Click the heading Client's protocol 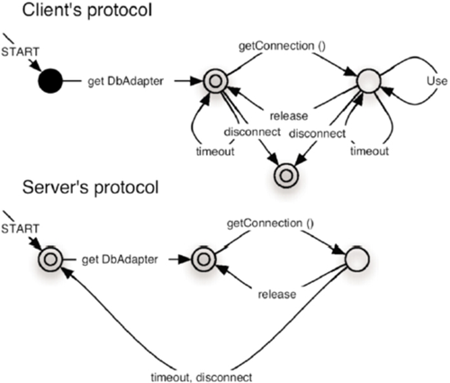(x=87, y=11)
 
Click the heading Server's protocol (x=90, y=187)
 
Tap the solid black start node (x=50, y=81)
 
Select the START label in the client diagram (x=21, y=52)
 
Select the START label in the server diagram (x=21, y=229)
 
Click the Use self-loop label (x=436, y=81)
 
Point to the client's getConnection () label (x=282, y=46)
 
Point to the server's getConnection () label (x=270, y=223)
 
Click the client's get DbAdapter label (x=126, y=81)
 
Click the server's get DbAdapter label (x=120, y=259)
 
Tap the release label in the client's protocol (x=289, y=116)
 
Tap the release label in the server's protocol (x=277, y=294)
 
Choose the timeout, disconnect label (x=202, y=377)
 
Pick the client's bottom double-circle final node (x=286, y=176)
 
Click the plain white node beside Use (x=369, y=81)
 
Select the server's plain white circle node (x=357, y=259)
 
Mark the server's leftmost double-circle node (x=50, y=259)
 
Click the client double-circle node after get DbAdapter (x=215, y=81)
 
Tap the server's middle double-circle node (x=203, y=259)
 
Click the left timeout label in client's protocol (x=215, y=151)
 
